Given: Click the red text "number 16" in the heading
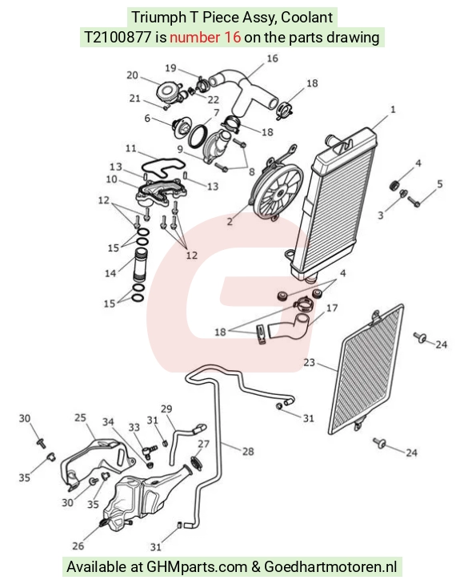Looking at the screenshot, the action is point(206,37).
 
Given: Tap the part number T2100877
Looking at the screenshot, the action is point(118,37).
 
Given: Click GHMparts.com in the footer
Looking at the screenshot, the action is point(197,567).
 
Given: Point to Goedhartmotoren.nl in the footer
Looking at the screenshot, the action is point(330,567).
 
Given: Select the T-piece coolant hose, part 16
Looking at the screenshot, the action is point(246,91).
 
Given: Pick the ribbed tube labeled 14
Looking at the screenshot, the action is point(141,266).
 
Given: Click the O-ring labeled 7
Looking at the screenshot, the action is point(198,136).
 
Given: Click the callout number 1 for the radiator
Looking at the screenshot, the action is point(393,110).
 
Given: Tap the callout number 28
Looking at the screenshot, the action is point(248,452).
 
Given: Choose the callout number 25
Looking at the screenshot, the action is point(80,418).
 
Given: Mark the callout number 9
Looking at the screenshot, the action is point(180,149).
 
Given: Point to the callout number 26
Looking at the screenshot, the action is point(78,546).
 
